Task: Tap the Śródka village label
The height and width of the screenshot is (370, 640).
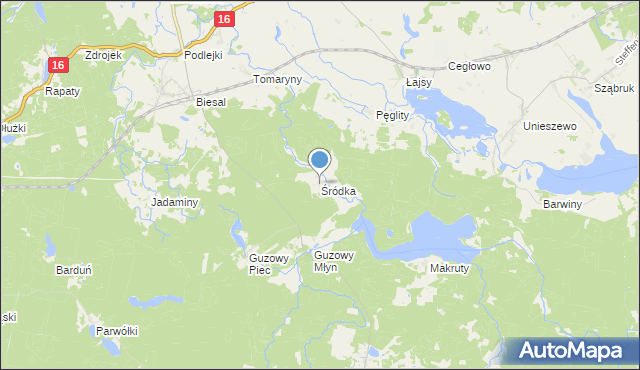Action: (338, 190)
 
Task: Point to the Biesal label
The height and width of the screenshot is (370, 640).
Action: (211, 102)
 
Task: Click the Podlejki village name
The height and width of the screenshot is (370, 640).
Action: (209, 56)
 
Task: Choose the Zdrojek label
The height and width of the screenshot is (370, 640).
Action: (104, 56)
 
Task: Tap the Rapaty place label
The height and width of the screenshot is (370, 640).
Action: (62, 91)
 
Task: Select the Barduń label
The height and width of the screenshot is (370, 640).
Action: (75, 269)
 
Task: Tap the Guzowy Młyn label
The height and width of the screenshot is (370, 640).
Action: (334, 261)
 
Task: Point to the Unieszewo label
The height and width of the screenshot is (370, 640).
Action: (550, 127)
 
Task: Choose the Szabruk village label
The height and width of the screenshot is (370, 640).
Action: (614, 89)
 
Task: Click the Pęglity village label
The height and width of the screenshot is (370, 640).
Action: (392, 116)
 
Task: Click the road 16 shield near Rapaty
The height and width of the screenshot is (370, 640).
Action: (57, 64)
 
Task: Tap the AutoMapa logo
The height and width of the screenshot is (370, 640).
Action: (574, 351)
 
